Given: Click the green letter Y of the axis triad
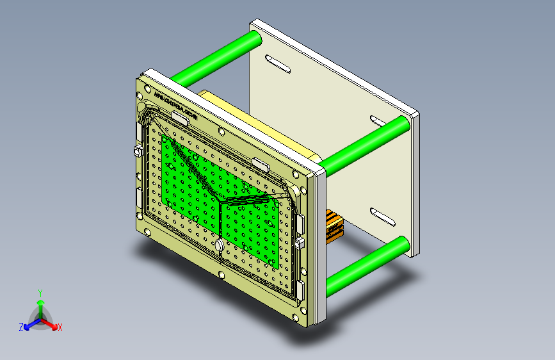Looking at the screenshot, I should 40,292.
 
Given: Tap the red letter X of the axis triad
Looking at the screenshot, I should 60,328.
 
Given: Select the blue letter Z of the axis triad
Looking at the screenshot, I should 21,327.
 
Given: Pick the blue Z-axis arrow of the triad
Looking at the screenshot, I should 29,324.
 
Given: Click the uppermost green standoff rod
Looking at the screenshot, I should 218,58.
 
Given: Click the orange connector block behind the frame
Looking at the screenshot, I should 334,225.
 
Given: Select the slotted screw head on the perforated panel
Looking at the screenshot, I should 219,245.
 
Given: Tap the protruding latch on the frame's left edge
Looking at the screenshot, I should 138,151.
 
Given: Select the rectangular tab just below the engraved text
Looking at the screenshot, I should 181,117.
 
